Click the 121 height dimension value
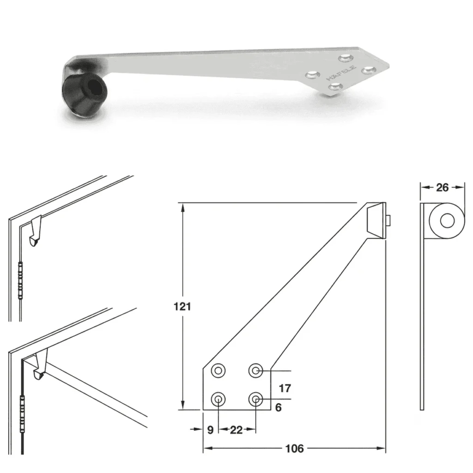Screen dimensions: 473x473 coord(182,307)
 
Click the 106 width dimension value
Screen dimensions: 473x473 coord(294,449)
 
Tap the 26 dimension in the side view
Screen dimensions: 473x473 coord(442,188)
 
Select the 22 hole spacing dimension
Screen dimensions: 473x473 coord(236,430)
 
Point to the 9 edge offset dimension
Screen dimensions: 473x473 coord(211,430)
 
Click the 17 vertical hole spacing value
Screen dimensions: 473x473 coord(285,388)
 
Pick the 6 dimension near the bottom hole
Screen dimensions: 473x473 coord(279,407)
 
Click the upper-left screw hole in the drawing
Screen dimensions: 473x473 coord(218,370)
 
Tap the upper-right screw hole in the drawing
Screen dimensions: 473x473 coord(256,370)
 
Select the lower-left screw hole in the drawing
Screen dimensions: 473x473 coord(218,400)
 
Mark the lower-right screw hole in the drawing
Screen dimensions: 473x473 coord(256,400)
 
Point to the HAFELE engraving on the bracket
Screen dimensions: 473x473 coord(341,73)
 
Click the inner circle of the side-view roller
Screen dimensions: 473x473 coord(447,221)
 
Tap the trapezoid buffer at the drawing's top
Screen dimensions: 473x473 coord(376,220)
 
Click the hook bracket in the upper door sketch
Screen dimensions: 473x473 coord(36,230)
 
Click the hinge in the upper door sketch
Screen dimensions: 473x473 coord(20,280)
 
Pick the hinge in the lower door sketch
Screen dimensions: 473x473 coord(22,413)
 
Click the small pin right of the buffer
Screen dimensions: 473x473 coord(388,220)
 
